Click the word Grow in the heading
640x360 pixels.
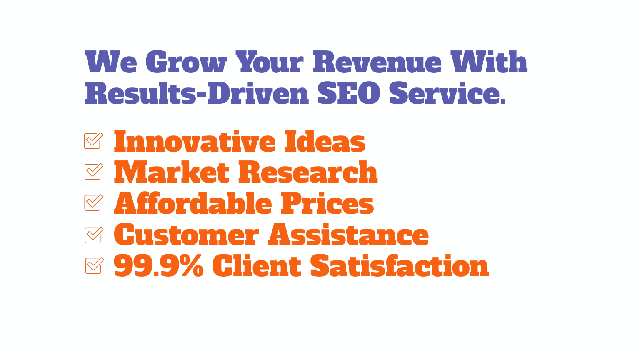tap(186, 62)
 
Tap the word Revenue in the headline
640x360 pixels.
tap(377, 62)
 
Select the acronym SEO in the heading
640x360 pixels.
tap(349, 93)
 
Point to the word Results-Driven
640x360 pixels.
tap(197, 93)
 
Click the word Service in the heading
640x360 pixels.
tap(447, 93)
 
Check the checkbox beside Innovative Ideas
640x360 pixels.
tap(93, 140)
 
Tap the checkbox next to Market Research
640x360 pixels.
tap(94, 171)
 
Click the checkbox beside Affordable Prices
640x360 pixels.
tap(94, 202)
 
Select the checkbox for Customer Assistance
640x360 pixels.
tap(94, 235)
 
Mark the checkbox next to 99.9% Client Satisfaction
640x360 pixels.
tap(94, 265)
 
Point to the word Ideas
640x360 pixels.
tap(325, 141)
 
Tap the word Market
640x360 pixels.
tap(171, 172)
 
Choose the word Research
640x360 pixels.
tap(308, 172)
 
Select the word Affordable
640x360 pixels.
tap(193, 203)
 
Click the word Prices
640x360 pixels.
tap(327, 203)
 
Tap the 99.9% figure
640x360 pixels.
tap(159, 266)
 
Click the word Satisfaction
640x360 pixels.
tap(400, 266)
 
